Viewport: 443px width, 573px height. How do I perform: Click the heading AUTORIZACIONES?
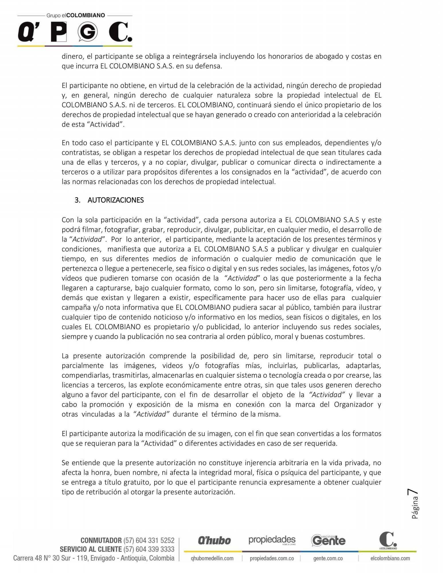click(116, 200)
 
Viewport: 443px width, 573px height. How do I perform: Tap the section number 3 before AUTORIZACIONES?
click(77, 200)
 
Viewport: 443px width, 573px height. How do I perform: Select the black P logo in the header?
click(58, 32)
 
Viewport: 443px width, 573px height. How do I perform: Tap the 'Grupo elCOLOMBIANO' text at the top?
click(76, 15)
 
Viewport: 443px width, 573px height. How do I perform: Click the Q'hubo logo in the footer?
click(214, 541)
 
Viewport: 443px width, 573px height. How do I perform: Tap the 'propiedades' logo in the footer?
click(272, 540)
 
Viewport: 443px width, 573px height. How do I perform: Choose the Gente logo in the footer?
click(328, 540)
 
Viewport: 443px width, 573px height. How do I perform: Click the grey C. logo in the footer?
click(388, 540)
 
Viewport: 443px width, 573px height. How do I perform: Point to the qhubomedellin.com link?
click(212, 558)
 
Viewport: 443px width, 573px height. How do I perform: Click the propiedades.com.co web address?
click(272, 558)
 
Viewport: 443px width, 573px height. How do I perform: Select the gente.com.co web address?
click(328, 558)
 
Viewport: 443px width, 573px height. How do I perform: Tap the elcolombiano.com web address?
click(390, 558)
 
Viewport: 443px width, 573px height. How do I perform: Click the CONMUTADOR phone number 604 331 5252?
click(149, 540)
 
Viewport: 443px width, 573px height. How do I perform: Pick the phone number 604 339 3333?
click(149, 549)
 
